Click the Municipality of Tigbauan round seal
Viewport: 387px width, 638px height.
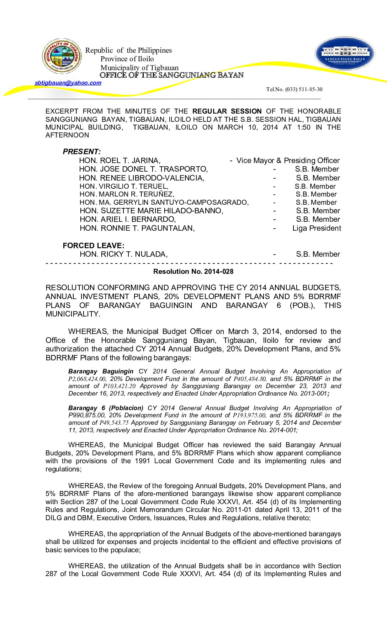coord(62,56)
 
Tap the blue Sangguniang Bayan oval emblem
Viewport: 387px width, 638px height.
coord(345,54)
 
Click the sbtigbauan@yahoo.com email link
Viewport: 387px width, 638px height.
coord(68,83)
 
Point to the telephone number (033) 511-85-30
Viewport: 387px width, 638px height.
coord(294,89)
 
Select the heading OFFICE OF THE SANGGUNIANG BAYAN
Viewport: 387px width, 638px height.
coord(171,75)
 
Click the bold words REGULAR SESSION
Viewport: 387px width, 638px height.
coord(227,111)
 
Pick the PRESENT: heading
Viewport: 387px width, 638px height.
coord(82,152)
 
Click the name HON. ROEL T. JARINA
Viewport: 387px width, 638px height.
coord(120,161)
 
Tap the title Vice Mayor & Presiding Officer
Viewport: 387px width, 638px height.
coord(288,161)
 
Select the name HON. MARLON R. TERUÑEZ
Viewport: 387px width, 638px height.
coord(127,194)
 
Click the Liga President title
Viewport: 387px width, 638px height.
coord(317,228)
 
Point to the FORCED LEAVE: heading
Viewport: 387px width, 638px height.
coord(94,246)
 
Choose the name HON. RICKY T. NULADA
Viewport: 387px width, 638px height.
coord(123,254)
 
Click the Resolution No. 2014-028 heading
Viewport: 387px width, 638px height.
coord(193,272)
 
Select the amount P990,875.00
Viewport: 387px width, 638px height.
coord(87,415)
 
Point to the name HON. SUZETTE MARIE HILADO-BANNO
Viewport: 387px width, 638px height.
coord(151,211)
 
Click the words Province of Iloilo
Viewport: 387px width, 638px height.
coord(127,59)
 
